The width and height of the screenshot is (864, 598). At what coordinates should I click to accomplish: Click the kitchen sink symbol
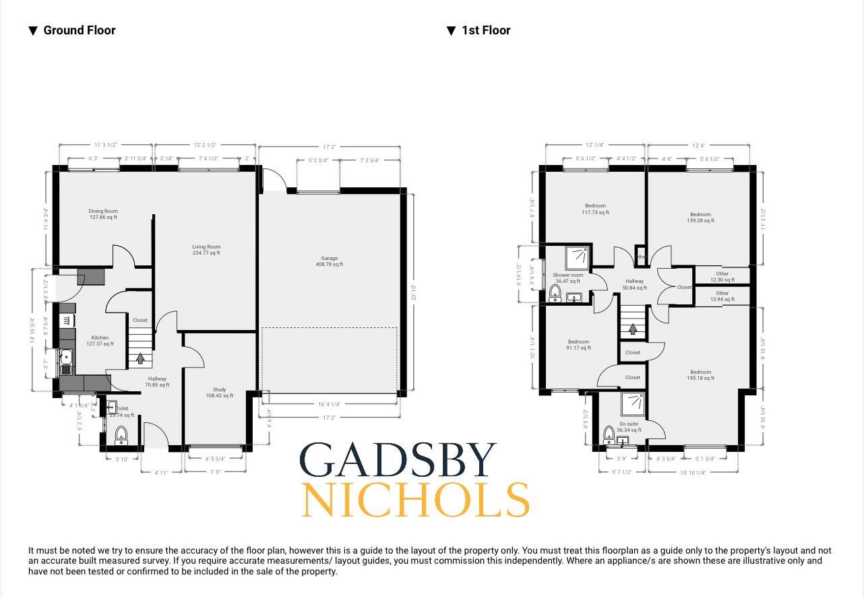click(x=66, y=362)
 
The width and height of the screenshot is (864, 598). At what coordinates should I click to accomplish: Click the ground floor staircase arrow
click(x=140, y=358)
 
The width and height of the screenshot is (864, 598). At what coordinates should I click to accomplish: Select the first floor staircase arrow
click(x=632, y=329)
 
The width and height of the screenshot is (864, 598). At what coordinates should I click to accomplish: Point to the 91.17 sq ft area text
click(x=578, y=348)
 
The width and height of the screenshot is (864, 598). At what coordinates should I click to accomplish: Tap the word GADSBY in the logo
click(x=398, y=461)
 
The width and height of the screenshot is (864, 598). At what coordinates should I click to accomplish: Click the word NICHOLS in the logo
click(x=414, y=500)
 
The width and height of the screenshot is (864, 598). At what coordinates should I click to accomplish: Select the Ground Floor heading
click(x=79, y=30)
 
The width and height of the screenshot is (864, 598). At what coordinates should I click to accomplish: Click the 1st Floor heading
click(x=485, y=30)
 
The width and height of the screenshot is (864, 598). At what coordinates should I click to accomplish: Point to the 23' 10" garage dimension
click(x=414, y=293)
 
